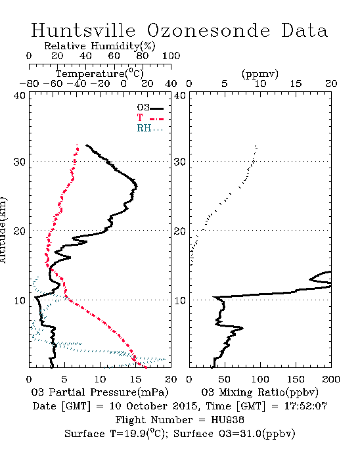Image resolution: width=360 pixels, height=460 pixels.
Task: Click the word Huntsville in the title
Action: click(83, 30)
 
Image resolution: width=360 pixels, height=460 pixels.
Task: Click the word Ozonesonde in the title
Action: click(208, 30)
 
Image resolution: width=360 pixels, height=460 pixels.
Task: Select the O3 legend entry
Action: click(150, 108)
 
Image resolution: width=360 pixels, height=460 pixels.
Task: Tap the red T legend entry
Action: click(150, 118)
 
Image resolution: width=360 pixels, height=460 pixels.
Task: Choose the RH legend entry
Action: click(150, 128)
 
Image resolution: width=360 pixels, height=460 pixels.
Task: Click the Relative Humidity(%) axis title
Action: click(100, 46)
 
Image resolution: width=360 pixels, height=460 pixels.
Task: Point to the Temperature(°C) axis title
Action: click(100, 74)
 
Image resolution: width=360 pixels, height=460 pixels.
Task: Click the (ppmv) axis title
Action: click(260, 74)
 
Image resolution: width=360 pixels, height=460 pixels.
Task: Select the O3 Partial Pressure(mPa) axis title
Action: click(100, 392)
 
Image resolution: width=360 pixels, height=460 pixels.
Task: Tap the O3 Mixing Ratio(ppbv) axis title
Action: click(259, 392)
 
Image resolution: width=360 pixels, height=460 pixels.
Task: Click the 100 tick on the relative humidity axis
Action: click(171, 56)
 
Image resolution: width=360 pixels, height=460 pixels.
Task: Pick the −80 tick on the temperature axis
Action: click(29, 84)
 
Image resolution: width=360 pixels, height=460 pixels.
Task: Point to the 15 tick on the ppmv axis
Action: click(296, 84)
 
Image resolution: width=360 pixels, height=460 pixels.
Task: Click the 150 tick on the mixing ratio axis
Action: click(296, 379)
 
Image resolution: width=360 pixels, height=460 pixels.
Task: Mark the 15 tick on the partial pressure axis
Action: click(135, 379)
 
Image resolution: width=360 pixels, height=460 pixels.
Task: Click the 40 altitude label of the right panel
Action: click(180, 95)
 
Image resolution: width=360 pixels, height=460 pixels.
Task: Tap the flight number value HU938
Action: click(228, 420)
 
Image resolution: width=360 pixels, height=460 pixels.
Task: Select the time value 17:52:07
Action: click(305, 406)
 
